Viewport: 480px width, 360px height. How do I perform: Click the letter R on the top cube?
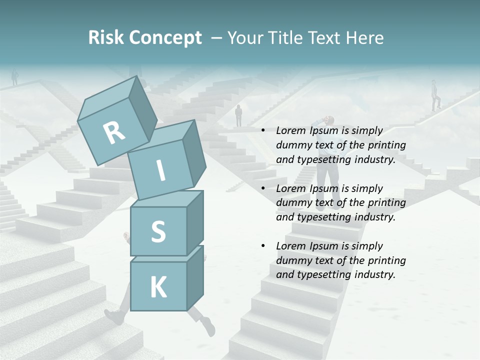[114, 132]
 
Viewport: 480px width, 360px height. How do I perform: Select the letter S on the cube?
[158, 231]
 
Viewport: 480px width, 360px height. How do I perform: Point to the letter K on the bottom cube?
[158, 287]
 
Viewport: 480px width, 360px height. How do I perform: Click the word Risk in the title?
[105, 38]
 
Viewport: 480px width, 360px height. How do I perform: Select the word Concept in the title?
[165, 38]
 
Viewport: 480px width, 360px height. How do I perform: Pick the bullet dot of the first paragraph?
[263, 131]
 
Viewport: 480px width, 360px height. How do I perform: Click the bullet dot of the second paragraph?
[263, 188]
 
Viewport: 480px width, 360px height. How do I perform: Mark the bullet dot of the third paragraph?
[263, 246]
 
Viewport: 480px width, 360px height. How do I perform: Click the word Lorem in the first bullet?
[290, 131]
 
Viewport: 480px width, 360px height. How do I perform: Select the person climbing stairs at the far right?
[435, 95]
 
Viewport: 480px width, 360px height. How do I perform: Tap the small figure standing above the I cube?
[238, 115]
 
